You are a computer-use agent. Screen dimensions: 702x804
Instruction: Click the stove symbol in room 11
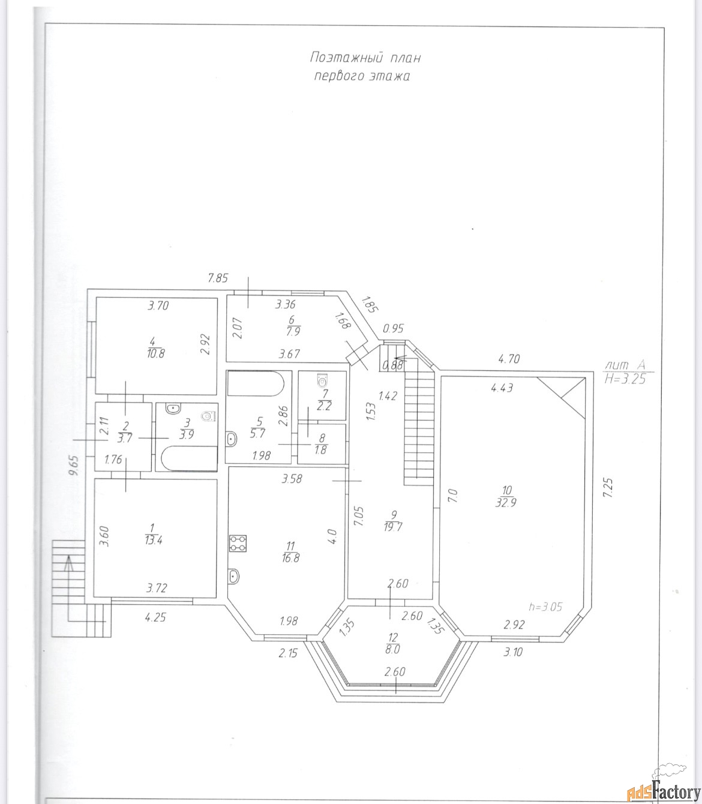point(238,543)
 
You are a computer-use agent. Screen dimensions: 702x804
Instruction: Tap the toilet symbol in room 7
point(322,380)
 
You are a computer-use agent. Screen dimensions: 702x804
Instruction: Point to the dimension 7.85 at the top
point(218,278)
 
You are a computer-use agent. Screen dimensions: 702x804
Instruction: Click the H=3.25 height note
point(625,379)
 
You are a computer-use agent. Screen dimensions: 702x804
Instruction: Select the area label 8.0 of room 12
point(392,650)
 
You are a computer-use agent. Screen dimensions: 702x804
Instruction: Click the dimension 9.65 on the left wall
point(74,465)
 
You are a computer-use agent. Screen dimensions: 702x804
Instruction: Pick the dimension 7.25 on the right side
point(608,488)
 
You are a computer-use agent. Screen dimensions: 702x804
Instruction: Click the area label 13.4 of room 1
point(154,541)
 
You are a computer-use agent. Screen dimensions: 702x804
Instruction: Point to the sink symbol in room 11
point(233,575)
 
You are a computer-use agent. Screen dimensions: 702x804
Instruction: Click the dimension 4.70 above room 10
point(509,358)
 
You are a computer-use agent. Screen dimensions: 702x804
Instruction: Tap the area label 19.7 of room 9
point(393,527)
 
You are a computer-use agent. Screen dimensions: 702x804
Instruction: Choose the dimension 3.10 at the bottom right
point(513,652)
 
